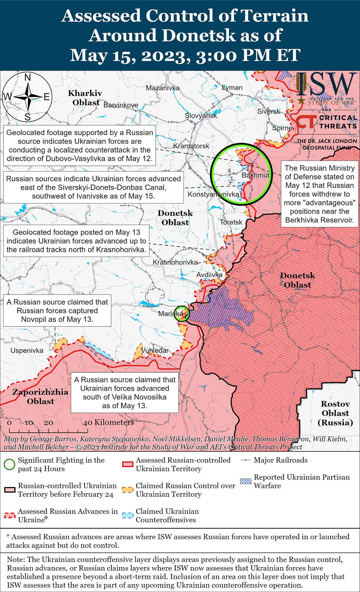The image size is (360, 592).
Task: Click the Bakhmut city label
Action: tap(256, 175)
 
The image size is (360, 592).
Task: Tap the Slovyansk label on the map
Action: tap(201, 115)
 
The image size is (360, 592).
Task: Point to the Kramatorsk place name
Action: tap(191, 146)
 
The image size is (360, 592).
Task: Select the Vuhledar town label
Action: tap(155, 350)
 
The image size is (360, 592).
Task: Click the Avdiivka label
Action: tap(209, 275)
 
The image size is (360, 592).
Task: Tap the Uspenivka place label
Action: tap(27, 351)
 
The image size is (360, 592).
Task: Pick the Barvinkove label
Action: tap(121, 105)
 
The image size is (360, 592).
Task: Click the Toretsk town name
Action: tap(231, 222)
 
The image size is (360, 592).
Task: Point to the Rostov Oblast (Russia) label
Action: tap(335, 413)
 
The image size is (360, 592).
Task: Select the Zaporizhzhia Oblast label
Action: tap(40, 396)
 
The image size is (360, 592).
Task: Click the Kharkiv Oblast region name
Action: tap(85, 98)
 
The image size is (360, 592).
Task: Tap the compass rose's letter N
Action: tap(28, 77)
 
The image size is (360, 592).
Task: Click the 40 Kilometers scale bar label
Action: tap(108, 422)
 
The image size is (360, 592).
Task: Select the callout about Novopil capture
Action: tap(57, 311)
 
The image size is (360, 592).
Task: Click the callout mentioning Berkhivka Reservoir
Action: tap(320, 194)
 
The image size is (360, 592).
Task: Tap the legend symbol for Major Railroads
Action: tap(246, 460)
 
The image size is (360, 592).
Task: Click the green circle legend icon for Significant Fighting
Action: tap(10, 464)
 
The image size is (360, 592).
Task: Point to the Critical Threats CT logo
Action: tap(306, 122)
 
